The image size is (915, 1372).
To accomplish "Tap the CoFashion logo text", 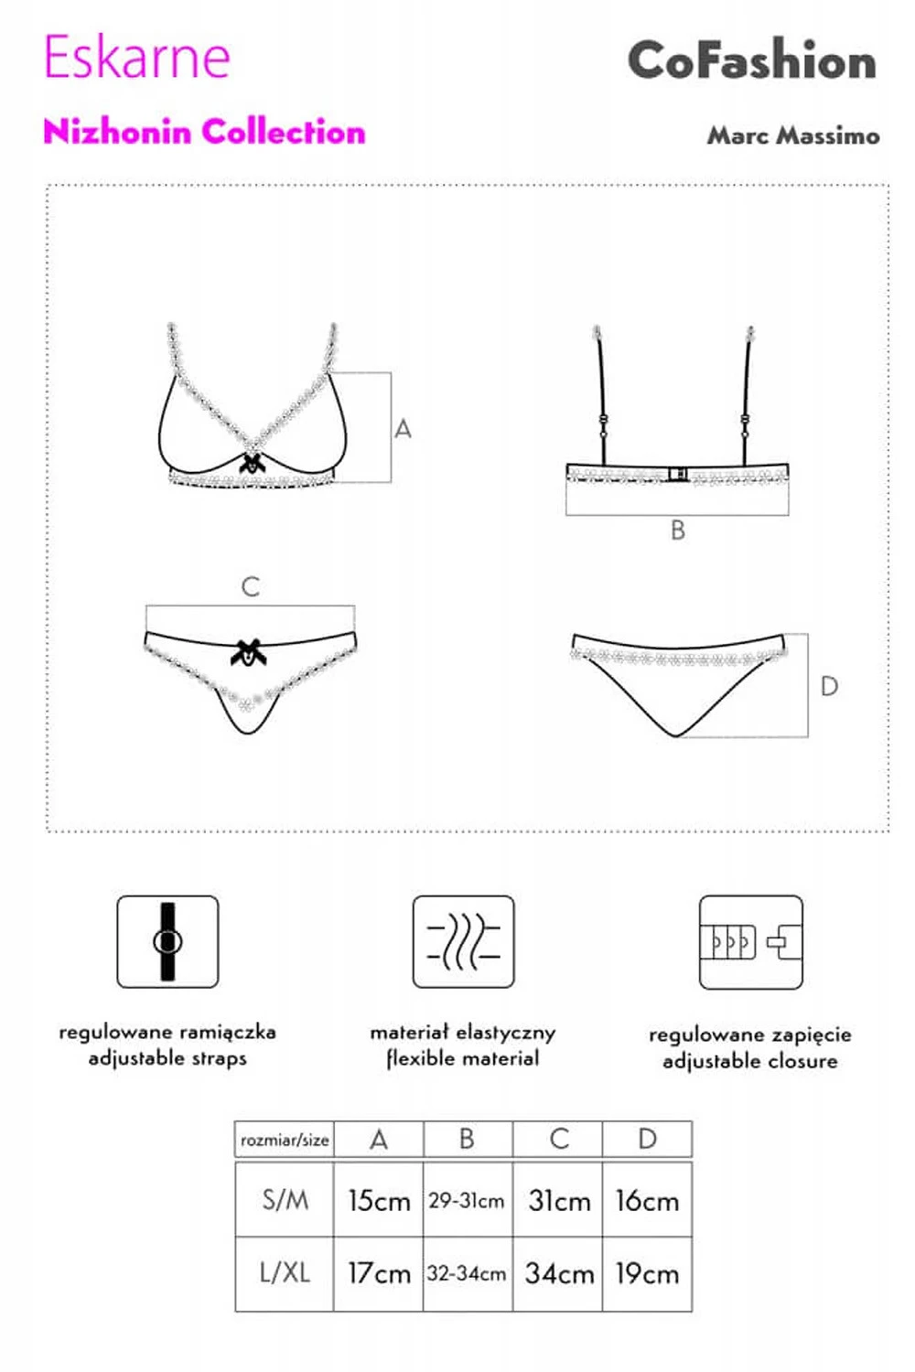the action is coord(752,59).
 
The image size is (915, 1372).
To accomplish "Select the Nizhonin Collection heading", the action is coord(204,132).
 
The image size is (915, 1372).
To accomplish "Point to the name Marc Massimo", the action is coord(793,134).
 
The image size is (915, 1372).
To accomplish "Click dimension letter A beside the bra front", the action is coord(403,429).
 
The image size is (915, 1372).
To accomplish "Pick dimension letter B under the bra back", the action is coord(678,531).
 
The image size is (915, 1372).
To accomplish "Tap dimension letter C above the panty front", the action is coord(251,587).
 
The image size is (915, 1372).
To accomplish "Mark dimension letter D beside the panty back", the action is coord(829,687).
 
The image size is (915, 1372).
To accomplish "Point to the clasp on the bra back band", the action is coord(678,474).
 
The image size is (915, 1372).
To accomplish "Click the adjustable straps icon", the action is coord(168,941).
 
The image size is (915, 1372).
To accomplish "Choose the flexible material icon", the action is coord(463,941).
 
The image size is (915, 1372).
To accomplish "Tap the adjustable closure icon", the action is coord(750,942).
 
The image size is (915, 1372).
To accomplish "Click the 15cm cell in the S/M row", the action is coord(379,1200).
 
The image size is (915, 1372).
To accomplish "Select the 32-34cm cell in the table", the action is coord(467,1274).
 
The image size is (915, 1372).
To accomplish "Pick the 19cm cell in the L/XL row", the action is coord(647,1274).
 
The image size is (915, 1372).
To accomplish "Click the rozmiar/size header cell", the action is coord(285,1140).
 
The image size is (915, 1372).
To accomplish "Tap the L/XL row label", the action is coord(285,1273).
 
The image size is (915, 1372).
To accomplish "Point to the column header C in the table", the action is coord(559,1140).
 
